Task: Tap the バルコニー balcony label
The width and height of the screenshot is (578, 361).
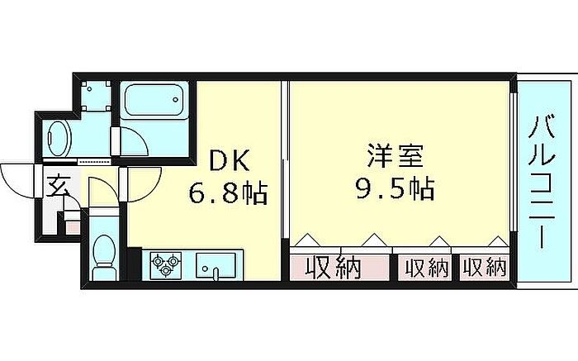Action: (x=542, y=183)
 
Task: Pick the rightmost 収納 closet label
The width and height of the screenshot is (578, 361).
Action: (x=484, y=267)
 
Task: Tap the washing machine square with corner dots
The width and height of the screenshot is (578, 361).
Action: (x=97, y=96)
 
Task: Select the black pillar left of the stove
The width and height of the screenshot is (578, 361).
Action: (x=134, y=266)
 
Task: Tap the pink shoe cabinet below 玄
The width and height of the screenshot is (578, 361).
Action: (x=71, y=222)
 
